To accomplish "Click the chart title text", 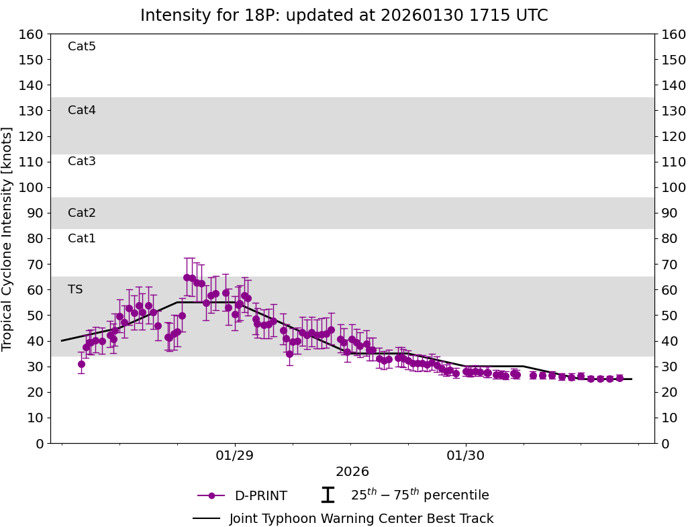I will point(344,15).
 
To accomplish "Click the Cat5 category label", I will point(82,46).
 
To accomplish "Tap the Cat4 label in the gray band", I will point(82,110).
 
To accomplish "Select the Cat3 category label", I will point(82,161).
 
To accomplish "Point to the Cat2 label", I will point(82,213).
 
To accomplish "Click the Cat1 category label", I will point(82,238).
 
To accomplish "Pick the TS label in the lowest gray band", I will point(75,289).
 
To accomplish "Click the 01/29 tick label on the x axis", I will point(235,454).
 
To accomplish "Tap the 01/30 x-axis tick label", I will point(466,454).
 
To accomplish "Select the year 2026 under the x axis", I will point(352,472).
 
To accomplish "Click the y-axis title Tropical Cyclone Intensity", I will point(8,238).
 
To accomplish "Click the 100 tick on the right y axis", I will point(673,187).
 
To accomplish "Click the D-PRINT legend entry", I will point(260,496).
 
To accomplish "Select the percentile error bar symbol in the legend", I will point(328,495).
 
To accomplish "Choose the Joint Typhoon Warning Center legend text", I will point(361,518).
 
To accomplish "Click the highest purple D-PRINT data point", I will point(187,277).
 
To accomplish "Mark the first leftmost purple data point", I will point(81,364).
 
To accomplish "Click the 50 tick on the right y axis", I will point(669,316).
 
